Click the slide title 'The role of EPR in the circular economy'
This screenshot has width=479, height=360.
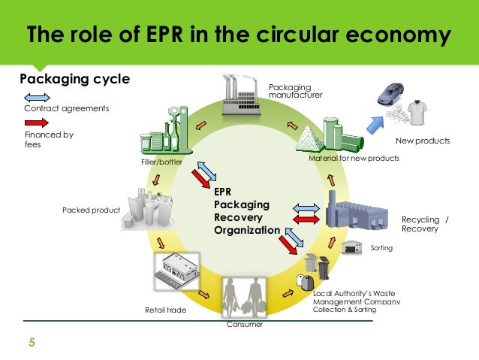(x=239, y=36)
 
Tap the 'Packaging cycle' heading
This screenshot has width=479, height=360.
(x=74, y=79)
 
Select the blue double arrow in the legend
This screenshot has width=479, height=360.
(x=37, y=97)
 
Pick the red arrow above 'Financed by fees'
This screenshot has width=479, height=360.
(x=37, y=123)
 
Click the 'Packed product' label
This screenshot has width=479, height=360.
(x=91, y=210)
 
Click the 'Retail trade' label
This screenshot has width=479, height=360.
(x=164, y=309)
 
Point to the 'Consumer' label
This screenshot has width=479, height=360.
(x=245, y=325)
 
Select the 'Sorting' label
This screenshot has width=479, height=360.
(x=382, y=247)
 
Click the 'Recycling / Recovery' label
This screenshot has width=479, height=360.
(x=425, y=224)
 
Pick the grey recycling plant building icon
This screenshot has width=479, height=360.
(x=360, y=213)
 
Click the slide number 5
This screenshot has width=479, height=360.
(x=32, y=344)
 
